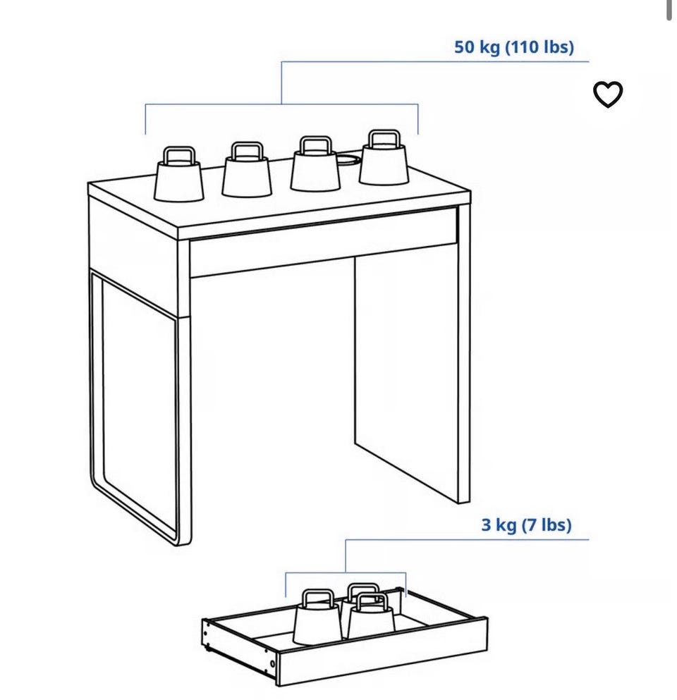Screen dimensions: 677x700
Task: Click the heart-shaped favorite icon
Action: (607, 94)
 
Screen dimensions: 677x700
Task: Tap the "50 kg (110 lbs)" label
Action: (514, 47)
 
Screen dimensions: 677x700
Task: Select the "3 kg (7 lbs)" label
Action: (526, 525)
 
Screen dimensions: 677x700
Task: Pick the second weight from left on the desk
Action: (247, 170)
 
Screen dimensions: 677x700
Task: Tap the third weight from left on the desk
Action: (315, 165)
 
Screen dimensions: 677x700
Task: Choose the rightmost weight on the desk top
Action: (384, 158)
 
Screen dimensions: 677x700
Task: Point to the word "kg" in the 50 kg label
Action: (489, 47)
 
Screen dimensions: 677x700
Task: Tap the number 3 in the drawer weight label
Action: (486, 525)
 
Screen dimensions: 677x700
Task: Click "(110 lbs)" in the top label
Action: (539, 47)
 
